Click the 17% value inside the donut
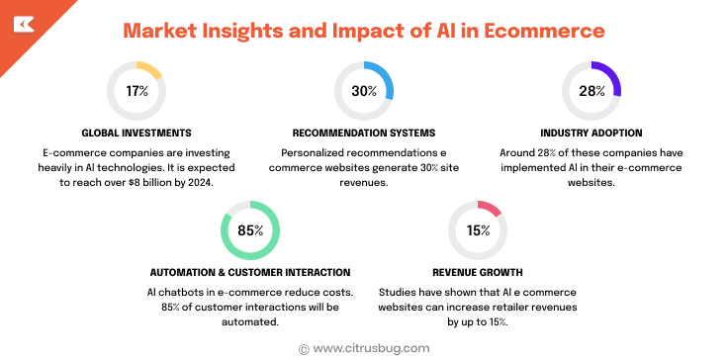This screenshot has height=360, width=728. click(x=136, y=91)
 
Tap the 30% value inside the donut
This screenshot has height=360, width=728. click(x=364, y=91)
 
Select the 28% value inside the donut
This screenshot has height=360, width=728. click(x=591, y=91)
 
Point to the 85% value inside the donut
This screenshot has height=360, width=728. click(x=250, y=230)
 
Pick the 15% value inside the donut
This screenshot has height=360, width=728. click(x=478, y=230)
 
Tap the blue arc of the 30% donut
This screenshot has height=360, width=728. click(x=386, y=79)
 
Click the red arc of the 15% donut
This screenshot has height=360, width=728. click(x=490, y=208)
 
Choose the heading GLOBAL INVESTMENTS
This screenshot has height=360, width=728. click(x=136, y=133)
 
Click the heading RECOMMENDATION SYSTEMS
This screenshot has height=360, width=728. click(x=364, y=133)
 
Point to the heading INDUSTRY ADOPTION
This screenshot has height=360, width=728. click(x=591, y=133)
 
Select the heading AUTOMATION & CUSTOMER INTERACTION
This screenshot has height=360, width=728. click(x=250, y=272)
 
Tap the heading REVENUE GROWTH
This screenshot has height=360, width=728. click(x=478, y=272)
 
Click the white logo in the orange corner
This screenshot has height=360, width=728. click(x=24, y=24)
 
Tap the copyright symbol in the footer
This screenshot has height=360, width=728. click(x=303, y=348)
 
